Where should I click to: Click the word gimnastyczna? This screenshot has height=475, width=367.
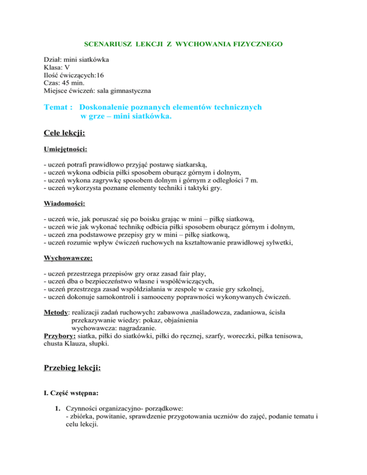128,90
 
